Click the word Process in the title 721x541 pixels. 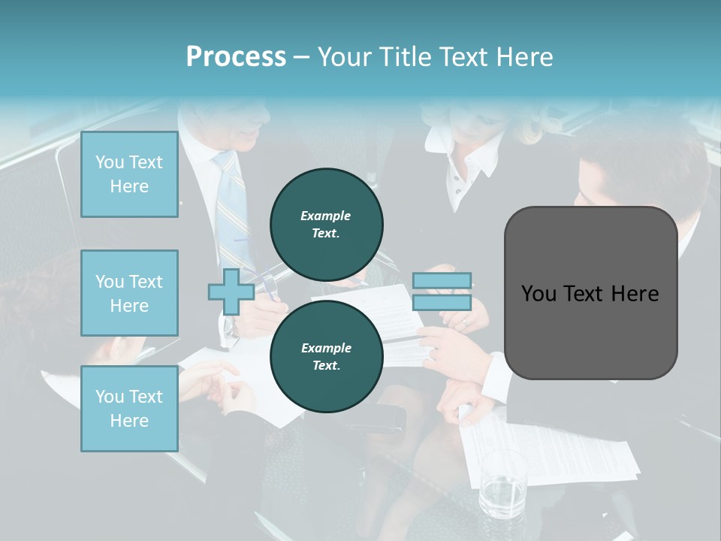point(236,57)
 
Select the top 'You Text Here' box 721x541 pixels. point(129,174)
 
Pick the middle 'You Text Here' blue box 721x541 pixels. point(129,293)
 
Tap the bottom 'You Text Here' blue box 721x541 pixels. point(129,409)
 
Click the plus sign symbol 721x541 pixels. point(231,292)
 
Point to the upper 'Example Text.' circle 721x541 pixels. point(326,224)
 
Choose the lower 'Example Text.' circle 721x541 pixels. point(326,356)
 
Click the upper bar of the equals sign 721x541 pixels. point(442,281)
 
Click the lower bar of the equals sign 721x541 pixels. point(442,303)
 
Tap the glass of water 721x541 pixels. point(502,485)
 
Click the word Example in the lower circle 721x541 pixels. point(326,348)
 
